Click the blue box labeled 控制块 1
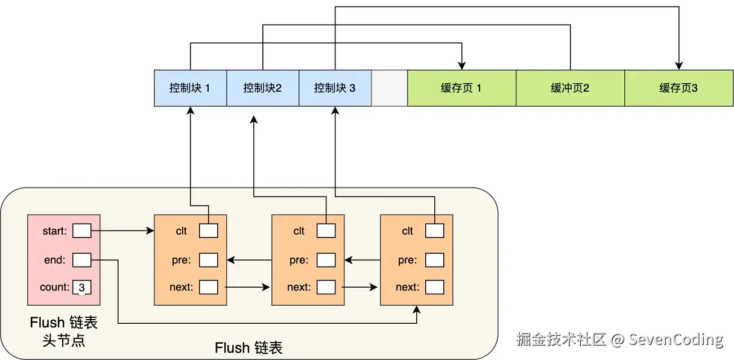pyautogui.click(x=190, y=88)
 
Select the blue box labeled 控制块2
pyautogui.click(x=262, y=88)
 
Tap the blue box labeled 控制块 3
pyautogui.click(x=335, y=88)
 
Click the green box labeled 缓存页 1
pyautogui.click(x=461, y=88)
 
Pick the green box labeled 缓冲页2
pyautogui.click(x=570, y=88)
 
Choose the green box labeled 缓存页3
pyautogui.click(x=679, y=88)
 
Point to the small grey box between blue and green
pyautogui.click(x=389, y=88)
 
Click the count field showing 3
pyautogui.click(x=81, y=288)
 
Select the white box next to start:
pyautogui.click(x=81, y=230)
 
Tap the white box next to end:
pyautogui.click(x=81, y=260)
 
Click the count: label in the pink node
pyautogui.click(x=55, y=288)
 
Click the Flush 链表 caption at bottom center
pyautogui.click(x=248, y=348)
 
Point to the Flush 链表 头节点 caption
pyautogui.click(x=63, y=332)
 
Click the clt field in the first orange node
pyautogui.click(x=208, y=230)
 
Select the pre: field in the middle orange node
pyautogui.click(x=326, y=260)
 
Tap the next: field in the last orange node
pyautogui.click(x=434, y=287)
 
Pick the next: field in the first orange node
pyautogui.click(x=208, y=287)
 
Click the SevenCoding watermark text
pyautogui.click(x=675, y=339)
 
